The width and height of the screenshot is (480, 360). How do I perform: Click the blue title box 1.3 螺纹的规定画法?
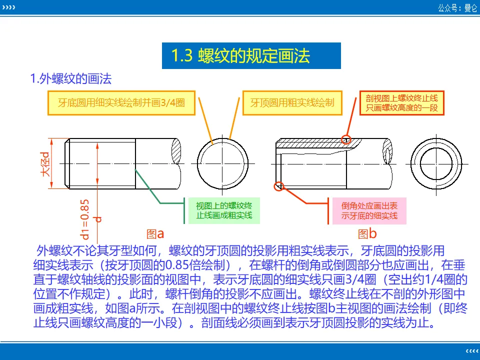coord(251,55)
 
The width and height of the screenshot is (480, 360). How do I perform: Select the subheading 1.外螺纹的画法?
coord(70,79)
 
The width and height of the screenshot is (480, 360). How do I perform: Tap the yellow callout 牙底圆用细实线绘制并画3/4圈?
coord(121,103)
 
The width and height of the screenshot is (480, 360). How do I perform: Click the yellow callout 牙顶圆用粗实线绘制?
coord(292,103)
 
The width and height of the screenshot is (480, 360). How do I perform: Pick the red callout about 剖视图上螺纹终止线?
coord(401,103)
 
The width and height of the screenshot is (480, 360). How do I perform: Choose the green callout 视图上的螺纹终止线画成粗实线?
coord(224,210)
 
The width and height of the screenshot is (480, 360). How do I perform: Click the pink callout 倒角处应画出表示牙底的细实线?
coord(369,210)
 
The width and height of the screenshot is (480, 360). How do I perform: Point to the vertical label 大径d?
coord(45,163)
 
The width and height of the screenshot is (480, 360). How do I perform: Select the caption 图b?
coord(367,233)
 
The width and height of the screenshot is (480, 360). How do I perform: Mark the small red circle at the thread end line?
coord(346,139)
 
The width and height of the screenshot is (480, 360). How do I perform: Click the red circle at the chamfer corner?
coord(279,186)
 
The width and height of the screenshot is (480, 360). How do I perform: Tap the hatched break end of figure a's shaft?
coord(175,149)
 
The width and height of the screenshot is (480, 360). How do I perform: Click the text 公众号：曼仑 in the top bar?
coord(457,7)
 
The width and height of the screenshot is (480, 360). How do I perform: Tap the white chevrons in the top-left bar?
coord(9,7)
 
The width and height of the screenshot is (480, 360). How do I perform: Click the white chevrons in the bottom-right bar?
coord(471,349)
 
